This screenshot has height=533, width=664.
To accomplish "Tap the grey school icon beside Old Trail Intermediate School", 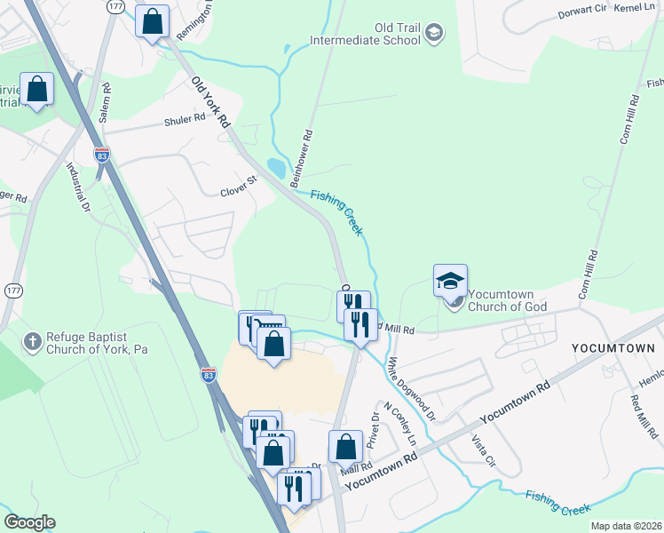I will pos(433,34).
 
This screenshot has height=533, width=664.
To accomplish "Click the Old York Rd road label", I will pos(211,100).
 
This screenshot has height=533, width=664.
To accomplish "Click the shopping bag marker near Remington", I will pos(152,20).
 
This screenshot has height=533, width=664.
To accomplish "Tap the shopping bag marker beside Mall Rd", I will pos(345,446).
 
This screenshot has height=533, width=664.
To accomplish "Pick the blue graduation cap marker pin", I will pos(450,281).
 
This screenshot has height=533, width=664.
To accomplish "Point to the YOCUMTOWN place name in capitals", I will pos(612,348).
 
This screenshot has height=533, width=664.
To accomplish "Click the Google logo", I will pos(29,522).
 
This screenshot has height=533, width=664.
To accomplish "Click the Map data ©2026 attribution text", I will pos(625,526).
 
